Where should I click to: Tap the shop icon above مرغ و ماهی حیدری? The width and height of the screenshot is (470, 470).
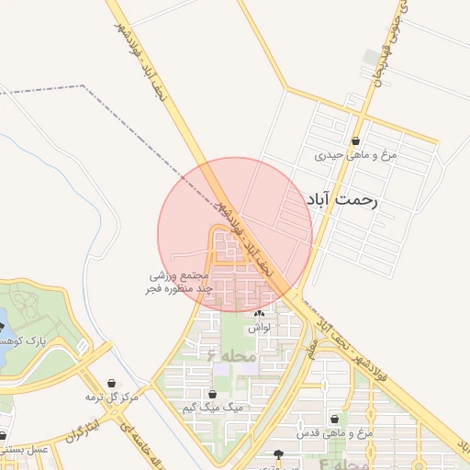pos(355,141)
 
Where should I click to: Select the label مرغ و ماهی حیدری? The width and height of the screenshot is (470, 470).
pos(355,155)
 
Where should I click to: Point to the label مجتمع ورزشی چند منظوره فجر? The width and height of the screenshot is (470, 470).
pos(181,283)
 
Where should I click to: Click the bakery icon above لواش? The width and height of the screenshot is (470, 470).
pos(256,314)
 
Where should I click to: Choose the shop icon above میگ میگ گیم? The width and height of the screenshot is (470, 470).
pos(212,394)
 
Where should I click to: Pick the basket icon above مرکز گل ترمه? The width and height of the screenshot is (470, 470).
pos(112,383)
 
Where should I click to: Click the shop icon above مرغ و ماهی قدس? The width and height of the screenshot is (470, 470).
pos(335,419)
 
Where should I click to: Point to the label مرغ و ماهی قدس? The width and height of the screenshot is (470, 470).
pos(335,431)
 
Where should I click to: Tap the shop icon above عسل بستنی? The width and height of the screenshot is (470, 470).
pos(3,436)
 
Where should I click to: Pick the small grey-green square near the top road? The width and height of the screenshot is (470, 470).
pos(369,57)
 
